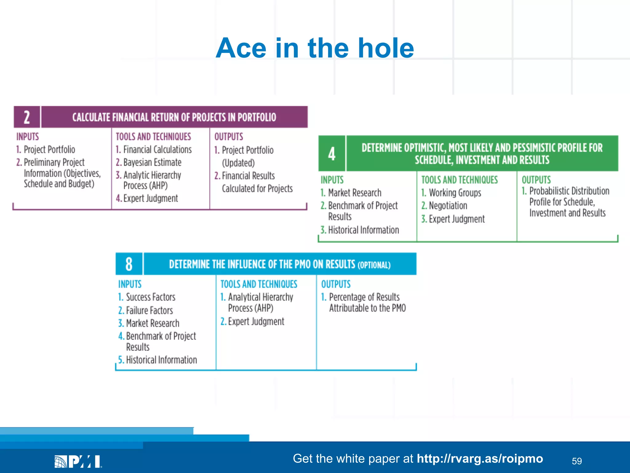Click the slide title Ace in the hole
click(315, 48)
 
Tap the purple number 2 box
click(27, 117)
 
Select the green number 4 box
click(332, 154)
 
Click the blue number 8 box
click(129, 264)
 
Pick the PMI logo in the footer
click(78, 462)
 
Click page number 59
click(577, 461)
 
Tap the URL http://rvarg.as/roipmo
click(480, 459)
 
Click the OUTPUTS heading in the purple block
click(229, 137)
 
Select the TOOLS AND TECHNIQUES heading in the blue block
click(259, 284)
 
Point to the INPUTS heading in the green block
click(332, 180)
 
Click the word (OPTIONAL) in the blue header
click(374, 265)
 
